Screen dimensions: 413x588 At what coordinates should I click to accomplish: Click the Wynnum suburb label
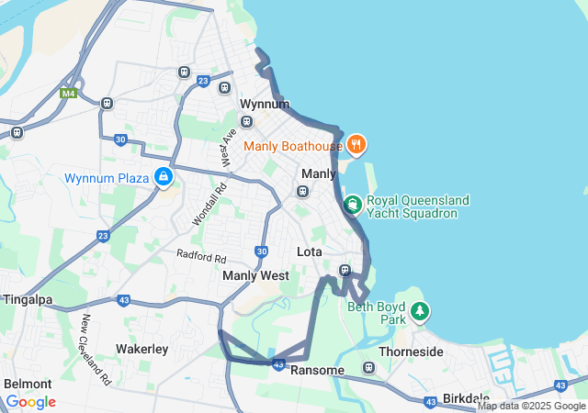coord(264,105)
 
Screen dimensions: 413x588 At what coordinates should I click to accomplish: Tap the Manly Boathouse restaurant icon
coord(356,144)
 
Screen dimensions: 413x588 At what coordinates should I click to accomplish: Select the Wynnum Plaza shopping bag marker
coord(164,176)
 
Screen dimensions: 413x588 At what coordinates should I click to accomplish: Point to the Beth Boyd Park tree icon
coord(420,311)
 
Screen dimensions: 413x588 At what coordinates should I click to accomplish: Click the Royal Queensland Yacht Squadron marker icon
coord(351,204)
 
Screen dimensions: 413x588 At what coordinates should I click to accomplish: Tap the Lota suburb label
coord(310,251)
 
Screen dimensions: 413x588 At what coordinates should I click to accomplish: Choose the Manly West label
coord(255,275)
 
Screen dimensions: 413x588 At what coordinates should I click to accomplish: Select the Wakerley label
coord(141,349)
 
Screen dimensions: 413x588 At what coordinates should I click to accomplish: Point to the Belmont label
coord(28,383)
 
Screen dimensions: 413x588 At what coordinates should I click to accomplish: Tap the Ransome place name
coord(316,370)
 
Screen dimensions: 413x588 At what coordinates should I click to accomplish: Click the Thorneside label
coord(412,352)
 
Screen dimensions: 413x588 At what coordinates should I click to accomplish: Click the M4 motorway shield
coord(68,93)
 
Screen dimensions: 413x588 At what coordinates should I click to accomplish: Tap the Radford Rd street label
coord(201,256)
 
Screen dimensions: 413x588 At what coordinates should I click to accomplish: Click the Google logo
coord(30,402)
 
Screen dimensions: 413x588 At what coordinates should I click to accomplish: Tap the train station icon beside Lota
coord(345,270)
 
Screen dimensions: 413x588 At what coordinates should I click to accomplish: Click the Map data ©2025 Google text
coord(531,406)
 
